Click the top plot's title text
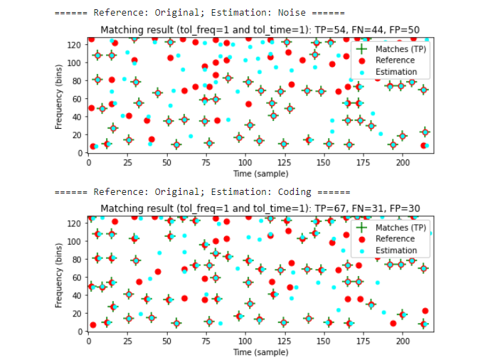click(x=260, y=30)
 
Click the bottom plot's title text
click(x=260, y=208)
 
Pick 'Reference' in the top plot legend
click(x=395, y=60)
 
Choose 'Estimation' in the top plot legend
click(x=396, y=72)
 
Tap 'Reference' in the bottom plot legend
click(x=395, y=238)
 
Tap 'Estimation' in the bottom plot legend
click(x=396, y=250)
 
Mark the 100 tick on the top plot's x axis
click(x=245, y=163)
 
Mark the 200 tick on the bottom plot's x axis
click(x=402, y=341)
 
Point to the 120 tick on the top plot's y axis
click(x=76, y=44)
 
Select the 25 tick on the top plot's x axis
click(x=127, y=163)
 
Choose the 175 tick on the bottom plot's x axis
click(x=362, y=341)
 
